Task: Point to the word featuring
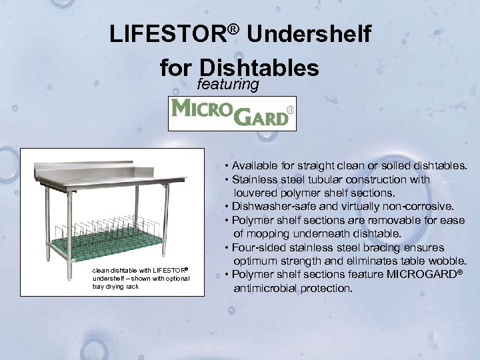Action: click(228, 85)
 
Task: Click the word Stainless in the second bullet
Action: click(256, 179)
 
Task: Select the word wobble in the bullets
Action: click(446, 261)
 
